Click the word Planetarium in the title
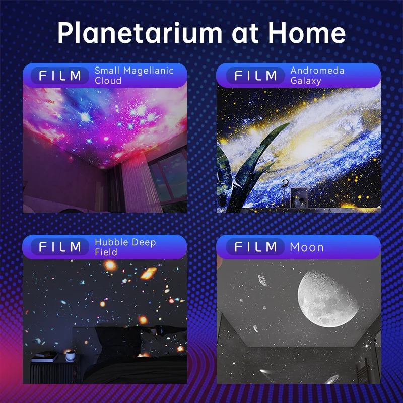coord(140,33)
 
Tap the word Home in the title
coord(307,32)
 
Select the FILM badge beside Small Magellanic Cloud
coord(60,76)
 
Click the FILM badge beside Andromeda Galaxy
coord(255,76)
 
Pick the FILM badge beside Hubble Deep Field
coord(60,247)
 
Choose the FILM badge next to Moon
coord(255,247)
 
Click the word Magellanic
coord(149,71)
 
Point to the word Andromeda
coord(317,71)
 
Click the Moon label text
coord(307,247)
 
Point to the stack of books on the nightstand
coord(45,357)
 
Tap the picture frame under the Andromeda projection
coord(299,197)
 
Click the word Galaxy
coord(306,81)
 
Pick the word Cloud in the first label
coord(108,81)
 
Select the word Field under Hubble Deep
coord(106,252)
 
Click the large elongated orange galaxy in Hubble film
coord(148,273)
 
